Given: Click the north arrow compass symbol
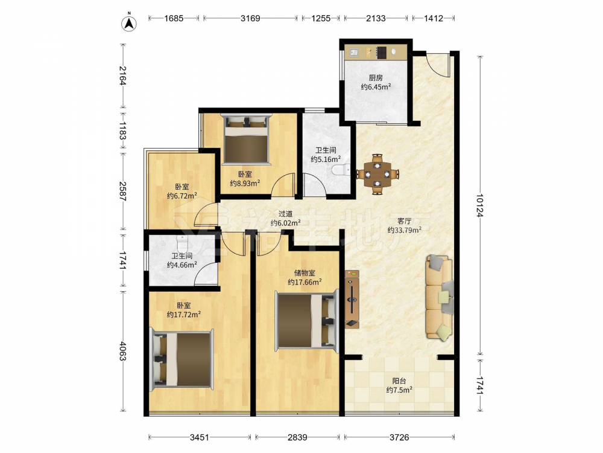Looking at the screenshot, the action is pyautogui.click(x=130, y=23).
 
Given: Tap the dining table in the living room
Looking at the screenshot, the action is pyautogui.click(x=377, y=174).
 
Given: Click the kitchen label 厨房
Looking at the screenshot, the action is pyautogui.click(x=376, y=78).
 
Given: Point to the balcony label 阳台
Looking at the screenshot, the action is pyautogui.click(x=399, y=381).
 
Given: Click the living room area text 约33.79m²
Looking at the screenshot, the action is pyautogui.click(x=404, y=230).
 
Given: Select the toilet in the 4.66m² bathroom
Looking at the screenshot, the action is pyautogui.click(x=182, y=242).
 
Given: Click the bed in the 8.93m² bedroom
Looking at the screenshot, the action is pyautogui.click(x=246, y=139).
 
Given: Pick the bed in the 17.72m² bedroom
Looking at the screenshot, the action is pyautogui.click(x=182, y=359).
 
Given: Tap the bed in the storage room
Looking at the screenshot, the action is pyautogui.click(x=307, y=321).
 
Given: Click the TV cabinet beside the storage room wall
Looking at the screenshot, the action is pyautogui.click(x=352, y=300).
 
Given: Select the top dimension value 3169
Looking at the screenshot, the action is pyautogui.click(x=250, y=18).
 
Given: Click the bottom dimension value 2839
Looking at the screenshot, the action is pyautogui.click(x=297, y=437).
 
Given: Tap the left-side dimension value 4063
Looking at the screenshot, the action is pyautogui.click(x=122, y=351).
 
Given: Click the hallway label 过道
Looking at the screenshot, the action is pyautogui.click(x=285, y=214).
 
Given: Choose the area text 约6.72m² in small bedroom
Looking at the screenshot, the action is pyautogui.click(x=182, y=196).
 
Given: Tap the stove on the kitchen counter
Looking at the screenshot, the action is pyautogui.click(x=382, y=53).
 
